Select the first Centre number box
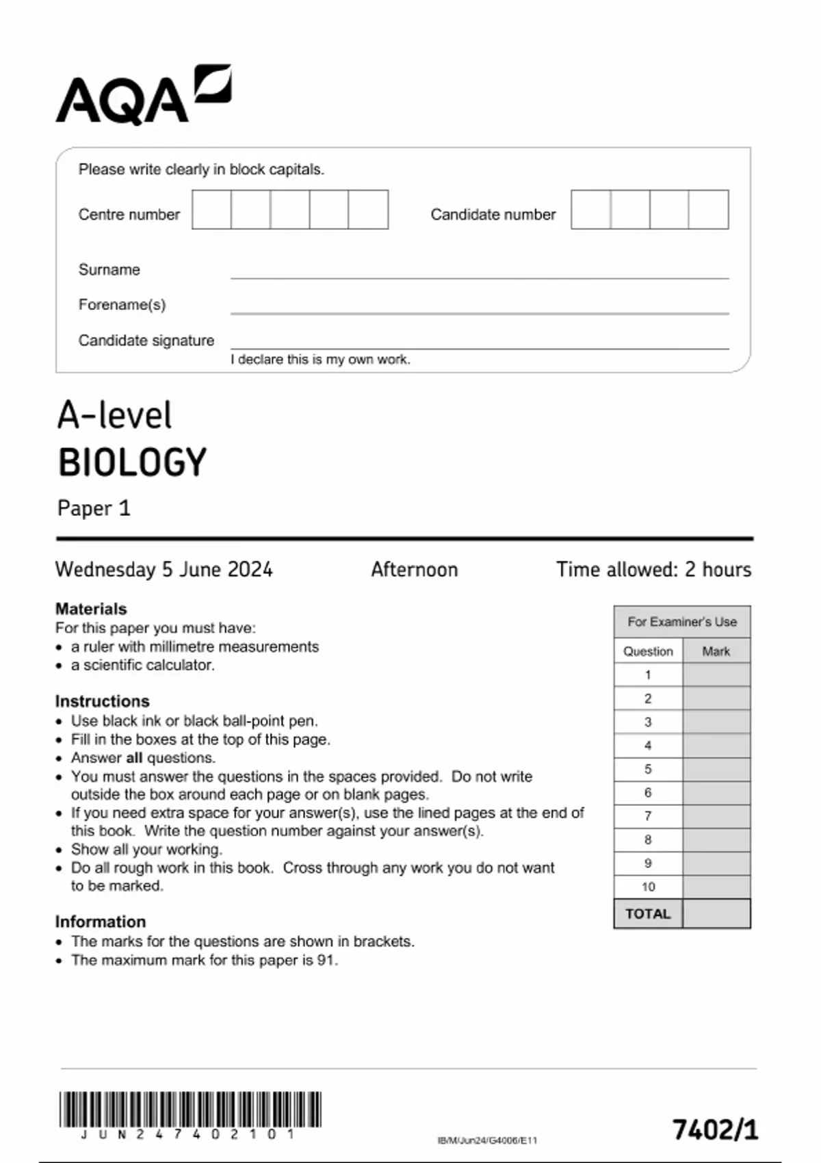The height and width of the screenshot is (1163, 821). pos(211,209)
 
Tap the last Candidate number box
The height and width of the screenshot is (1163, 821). pos(708,209)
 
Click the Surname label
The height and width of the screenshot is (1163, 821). pos(109,270)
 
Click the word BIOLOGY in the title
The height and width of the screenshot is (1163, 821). pos(132,462)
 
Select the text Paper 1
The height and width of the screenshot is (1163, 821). pos(94,508)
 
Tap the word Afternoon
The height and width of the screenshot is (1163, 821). pos(414,569)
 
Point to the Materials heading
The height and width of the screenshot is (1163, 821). pos(91,609)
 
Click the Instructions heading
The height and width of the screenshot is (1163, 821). pos(102,701)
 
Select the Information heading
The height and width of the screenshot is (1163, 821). pos(101,922)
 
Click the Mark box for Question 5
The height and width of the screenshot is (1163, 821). pos(716,769)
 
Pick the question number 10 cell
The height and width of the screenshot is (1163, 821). pos(648,887)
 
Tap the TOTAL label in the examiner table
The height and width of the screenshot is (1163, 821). pos(648,914)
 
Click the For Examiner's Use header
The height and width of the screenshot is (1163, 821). pos(682,622)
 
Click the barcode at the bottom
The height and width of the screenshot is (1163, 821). pos(190,1110)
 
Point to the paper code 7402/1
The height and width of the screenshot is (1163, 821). pos(715,1129)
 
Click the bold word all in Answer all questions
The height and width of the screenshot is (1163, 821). pos(134,758)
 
